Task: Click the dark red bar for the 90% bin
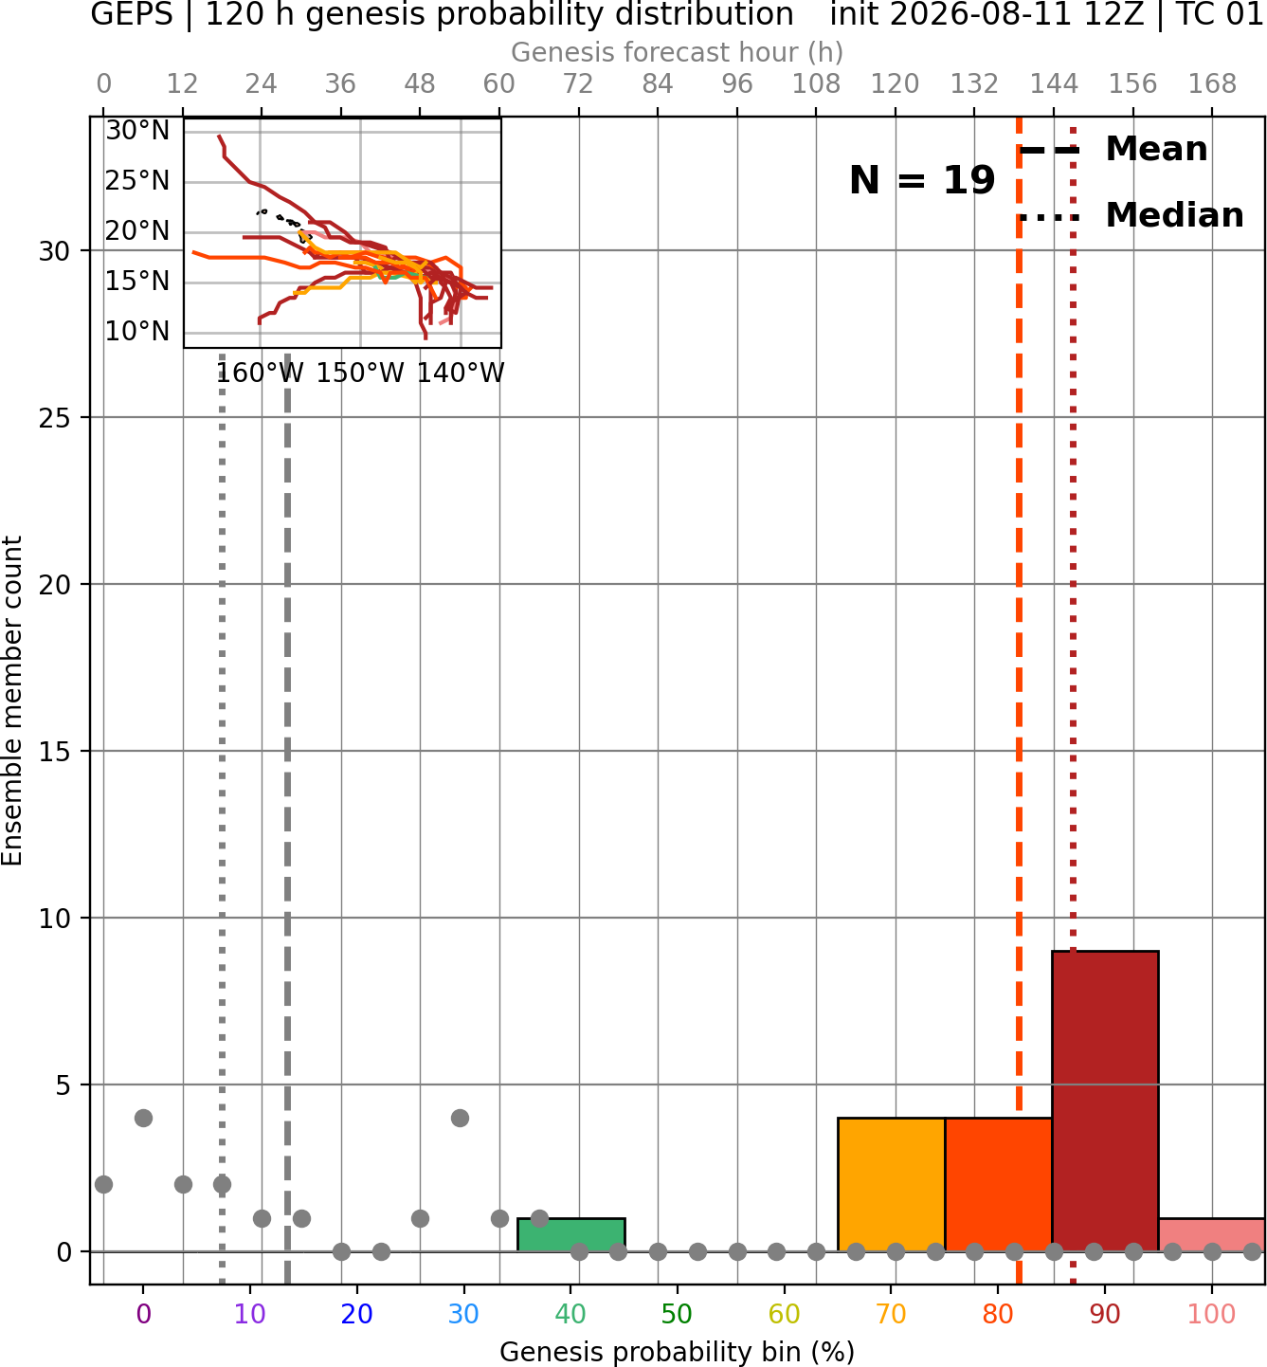(1105, 1101)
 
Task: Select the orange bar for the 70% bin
(891, 1184)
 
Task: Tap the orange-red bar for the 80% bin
(999, 1184)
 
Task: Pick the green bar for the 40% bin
(571, 1234)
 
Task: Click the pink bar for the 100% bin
(1212, 1234)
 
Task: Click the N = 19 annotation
(922, 180)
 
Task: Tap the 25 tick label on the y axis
(54, 418)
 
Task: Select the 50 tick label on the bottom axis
(677, 1314)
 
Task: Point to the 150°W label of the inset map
(360, 374)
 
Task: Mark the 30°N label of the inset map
(137, 130)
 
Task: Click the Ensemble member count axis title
(11, 701)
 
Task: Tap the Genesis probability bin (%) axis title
(678, 1352)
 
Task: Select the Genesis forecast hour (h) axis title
(678, 52)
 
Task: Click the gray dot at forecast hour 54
(460, 1118)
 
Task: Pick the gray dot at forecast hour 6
(143, 1118)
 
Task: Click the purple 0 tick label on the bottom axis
(143, 1314)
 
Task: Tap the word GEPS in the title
(132, 14)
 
